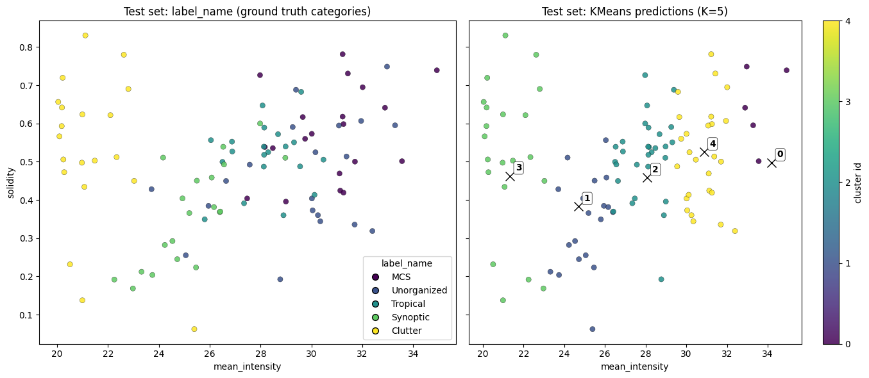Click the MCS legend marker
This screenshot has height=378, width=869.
tap(375, 277)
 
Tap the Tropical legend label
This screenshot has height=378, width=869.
tap(410, 304)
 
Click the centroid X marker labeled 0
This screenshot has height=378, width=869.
tap(772, 163)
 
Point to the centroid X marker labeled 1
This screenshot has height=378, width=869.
tap(578, 206)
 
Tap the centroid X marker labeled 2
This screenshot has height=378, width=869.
tap(647, 177)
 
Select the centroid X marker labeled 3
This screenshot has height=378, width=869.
tap(510, 176)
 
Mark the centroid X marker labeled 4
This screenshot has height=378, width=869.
tap(704, 152)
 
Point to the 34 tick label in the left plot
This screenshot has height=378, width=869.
tap(413, 353)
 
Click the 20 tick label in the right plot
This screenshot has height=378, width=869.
tap(483, 353)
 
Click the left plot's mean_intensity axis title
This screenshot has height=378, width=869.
tap(247, 366)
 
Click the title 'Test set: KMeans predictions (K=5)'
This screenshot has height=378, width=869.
tap(634, 11)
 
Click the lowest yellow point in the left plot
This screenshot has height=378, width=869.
tap(194, 329)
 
